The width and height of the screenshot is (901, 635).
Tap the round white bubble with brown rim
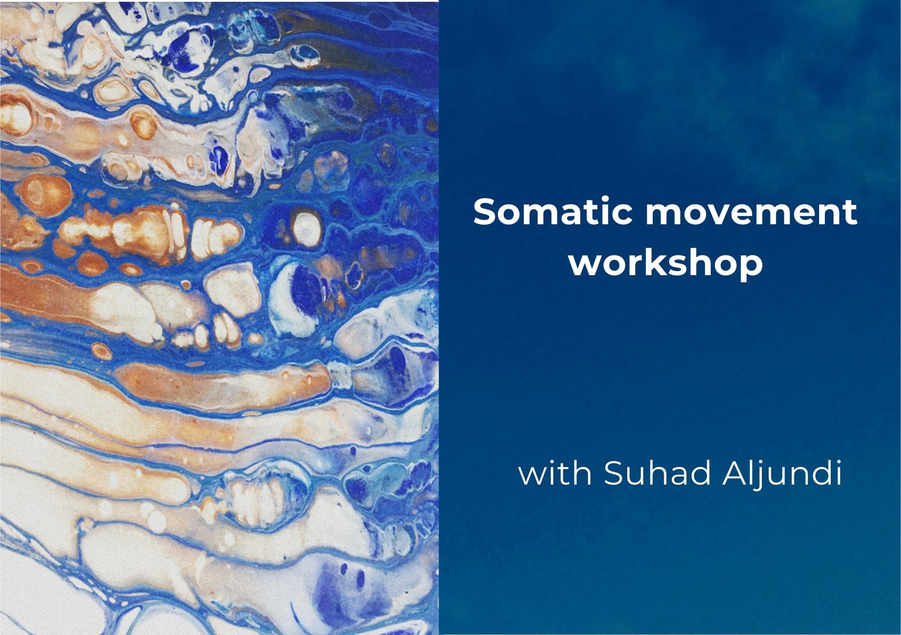tap(306, 226)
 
